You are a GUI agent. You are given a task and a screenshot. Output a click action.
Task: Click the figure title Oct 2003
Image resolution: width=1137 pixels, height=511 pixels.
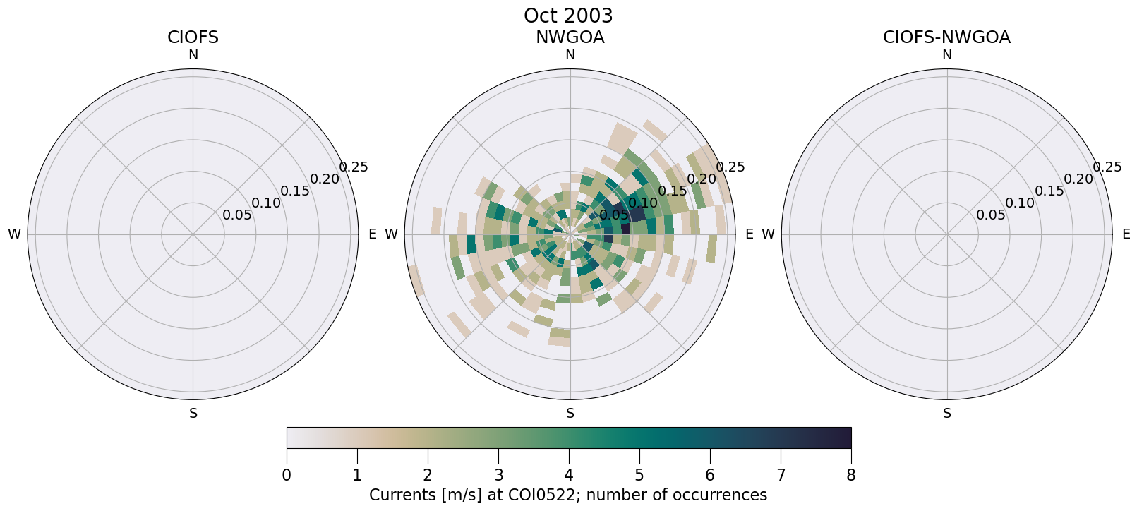568,16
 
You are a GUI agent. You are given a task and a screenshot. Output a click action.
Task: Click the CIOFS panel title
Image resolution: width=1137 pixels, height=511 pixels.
193,37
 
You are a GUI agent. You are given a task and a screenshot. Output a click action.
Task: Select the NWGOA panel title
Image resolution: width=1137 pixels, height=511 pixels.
570,37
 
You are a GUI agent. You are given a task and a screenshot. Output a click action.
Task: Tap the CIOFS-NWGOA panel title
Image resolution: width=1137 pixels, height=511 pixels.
946,37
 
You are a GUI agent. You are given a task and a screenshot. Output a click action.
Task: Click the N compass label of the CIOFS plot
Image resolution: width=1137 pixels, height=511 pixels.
193,55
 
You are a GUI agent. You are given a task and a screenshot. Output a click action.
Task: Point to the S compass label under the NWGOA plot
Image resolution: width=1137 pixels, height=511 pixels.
570,414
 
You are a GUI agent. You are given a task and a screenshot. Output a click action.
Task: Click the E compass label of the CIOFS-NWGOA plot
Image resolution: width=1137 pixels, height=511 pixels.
1126,234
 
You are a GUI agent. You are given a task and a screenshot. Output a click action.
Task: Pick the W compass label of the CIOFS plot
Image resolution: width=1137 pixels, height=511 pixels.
14,234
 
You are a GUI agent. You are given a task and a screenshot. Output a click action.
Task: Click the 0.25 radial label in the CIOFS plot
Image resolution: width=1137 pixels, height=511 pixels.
353,167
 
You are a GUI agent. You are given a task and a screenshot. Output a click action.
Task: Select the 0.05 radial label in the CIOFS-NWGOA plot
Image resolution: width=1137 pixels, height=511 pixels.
990,215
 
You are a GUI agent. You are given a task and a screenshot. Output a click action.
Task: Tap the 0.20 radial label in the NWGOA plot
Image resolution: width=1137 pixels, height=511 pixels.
702,179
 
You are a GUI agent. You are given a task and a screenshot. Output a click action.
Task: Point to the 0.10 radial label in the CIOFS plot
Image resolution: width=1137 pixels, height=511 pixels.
266,203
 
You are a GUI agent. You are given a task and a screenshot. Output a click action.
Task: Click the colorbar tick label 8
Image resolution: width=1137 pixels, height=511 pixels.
850,476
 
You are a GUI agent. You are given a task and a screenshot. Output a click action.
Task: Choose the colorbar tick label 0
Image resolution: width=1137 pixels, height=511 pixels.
287,476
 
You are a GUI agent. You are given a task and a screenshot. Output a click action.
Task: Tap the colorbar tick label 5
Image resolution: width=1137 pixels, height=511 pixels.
639,476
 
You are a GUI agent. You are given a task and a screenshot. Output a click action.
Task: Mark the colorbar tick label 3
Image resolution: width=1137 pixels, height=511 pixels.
498,476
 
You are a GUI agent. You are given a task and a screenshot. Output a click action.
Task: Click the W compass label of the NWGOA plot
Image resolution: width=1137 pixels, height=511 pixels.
391,234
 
